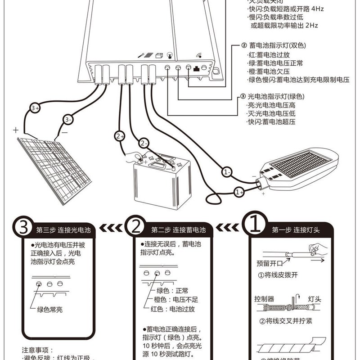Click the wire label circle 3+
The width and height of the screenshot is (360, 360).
[36, 108]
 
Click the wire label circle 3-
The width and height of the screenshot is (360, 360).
[68, 120]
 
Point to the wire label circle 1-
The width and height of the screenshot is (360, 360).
[228, 172]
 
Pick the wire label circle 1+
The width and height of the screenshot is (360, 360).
[239, 192]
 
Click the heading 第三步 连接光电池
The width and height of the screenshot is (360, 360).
[63, 230]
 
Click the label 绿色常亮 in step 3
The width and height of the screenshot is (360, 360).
[50, 310]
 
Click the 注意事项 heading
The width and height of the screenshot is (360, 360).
[38, 350]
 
